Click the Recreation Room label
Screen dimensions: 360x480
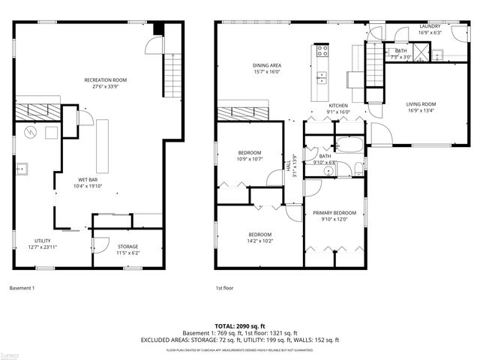(x=105, y=79)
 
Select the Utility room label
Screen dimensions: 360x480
(x=42, y=241)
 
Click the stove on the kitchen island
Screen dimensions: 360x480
(x=322, y=52)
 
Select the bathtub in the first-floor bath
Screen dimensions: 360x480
(x=349, y=146)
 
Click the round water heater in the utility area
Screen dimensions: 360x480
(x=30, y=133)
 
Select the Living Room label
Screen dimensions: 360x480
(x=421, y=104)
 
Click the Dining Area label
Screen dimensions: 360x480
(x=266, y=65)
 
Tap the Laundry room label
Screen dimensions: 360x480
(x=430, y=26)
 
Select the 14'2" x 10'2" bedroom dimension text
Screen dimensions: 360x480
(x=260, y=241)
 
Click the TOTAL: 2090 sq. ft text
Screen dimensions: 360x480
(x=240, y=326)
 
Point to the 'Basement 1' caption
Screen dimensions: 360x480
(x=22, y=288)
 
